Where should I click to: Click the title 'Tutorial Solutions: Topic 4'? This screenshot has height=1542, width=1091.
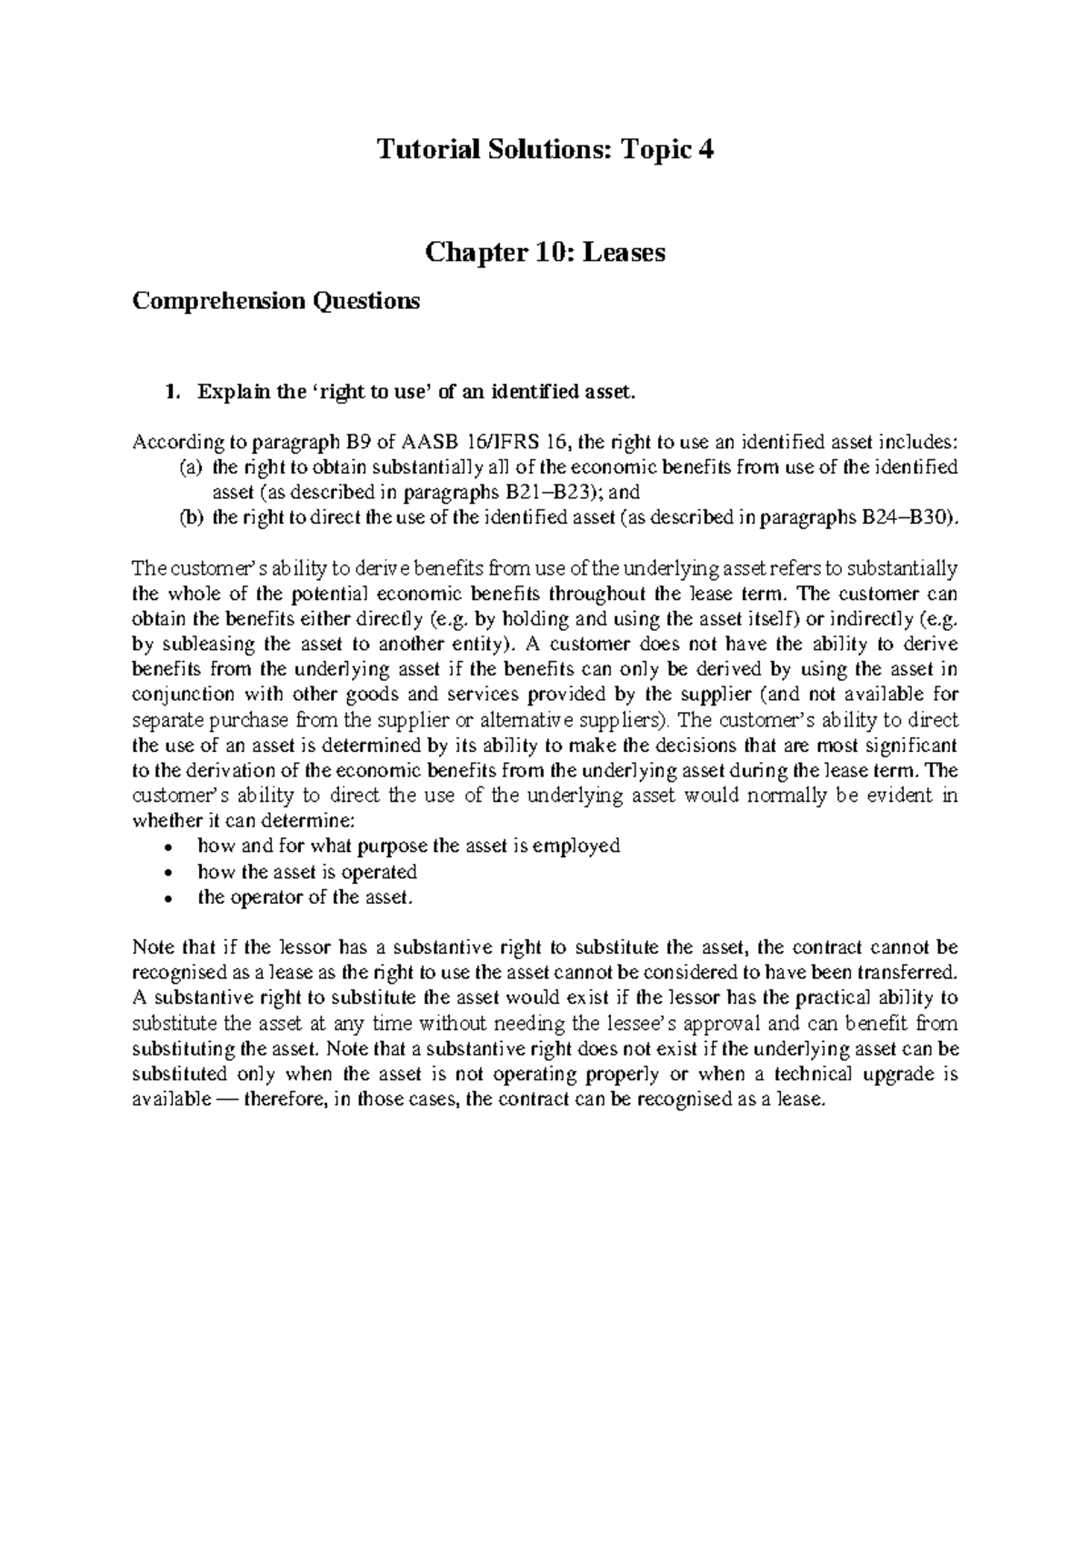(x=545, y=149)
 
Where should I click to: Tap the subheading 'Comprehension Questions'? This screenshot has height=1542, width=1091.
(x=276, y=301)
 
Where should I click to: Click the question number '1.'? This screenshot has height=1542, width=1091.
(x=169, y=393)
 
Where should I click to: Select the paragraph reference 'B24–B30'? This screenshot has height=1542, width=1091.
(x=906, y=519)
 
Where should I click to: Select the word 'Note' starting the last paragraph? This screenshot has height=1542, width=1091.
(x=151, y=946)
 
